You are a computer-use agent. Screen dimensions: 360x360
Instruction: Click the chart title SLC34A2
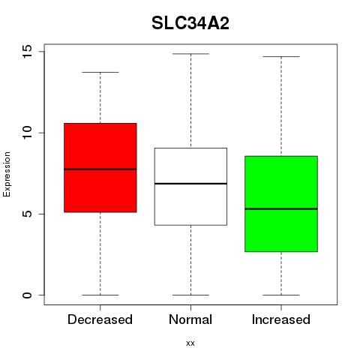point(190,23)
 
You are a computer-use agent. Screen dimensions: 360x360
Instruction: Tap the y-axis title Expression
point(7,174)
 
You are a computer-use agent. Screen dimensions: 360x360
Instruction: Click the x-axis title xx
point(190,343)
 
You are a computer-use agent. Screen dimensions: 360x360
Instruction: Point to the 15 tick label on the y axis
point(27,52)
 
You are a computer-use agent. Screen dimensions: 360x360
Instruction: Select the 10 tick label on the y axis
point(27,133)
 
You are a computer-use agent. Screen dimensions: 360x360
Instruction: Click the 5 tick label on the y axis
point(27,214)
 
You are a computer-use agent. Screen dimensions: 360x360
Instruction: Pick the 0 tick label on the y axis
point(27,295)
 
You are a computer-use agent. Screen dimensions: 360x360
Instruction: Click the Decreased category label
point(100,319)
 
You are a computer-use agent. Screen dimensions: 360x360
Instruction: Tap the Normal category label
point(190,319)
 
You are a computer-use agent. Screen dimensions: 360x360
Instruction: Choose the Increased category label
point(281,319)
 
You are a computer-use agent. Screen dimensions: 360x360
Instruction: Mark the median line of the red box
point(100,169)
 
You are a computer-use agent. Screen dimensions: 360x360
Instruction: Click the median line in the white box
point(190,184)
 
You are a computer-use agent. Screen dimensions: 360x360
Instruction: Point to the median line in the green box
point(281,208)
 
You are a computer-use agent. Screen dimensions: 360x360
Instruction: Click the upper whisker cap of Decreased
point(100,72)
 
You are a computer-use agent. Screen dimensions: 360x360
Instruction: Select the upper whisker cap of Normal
point(190,54)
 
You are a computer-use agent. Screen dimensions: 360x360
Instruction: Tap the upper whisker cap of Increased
point(281,57)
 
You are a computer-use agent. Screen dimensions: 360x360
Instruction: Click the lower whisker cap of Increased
point(281,295)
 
